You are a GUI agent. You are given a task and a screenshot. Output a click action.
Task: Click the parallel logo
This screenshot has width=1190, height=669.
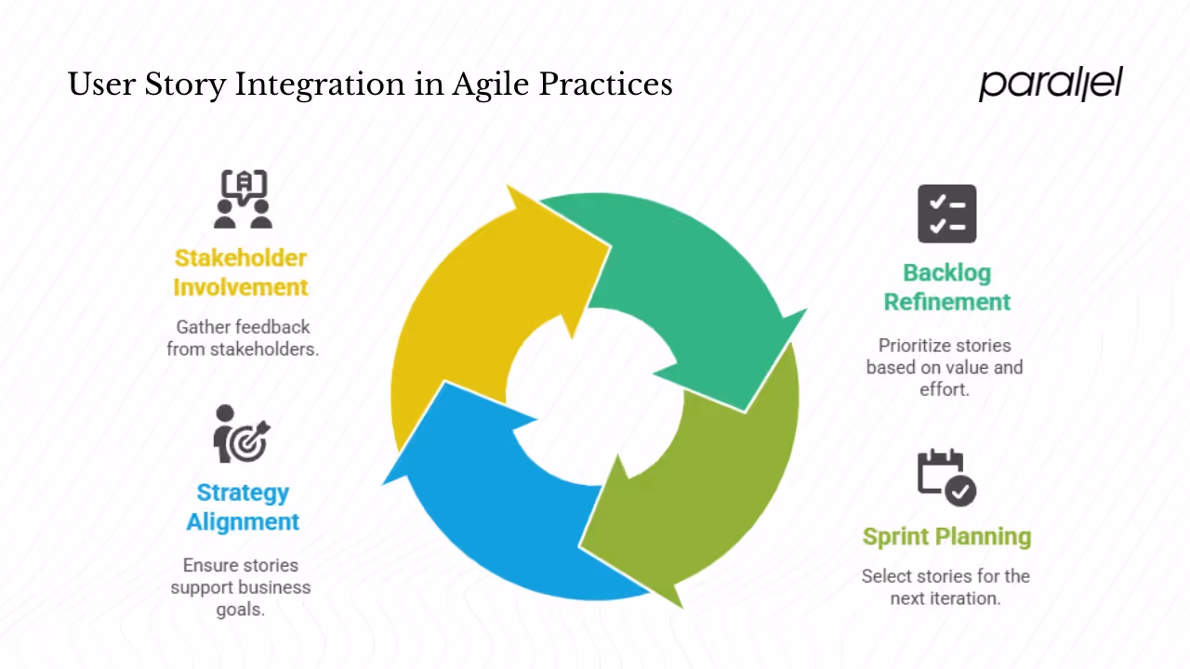[x=1051, y=84]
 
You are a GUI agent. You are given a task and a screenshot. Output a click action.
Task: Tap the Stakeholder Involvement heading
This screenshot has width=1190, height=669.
[x=241, y=272]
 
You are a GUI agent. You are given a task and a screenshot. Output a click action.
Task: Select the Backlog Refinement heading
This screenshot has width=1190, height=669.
[x=946, y=287]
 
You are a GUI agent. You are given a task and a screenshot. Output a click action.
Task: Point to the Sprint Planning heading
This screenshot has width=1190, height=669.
[x=946, y=536]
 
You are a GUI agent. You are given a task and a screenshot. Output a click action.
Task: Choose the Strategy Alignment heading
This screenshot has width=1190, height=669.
[x=243, y=506]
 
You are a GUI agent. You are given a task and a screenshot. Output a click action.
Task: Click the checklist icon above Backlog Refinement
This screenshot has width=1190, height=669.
[x=946, y=214]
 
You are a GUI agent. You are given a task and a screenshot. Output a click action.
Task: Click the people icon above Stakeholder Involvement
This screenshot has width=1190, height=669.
[x=243, y=199]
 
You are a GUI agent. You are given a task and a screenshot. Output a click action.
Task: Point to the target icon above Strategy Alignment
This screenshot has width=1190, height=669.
[x=241, y=434]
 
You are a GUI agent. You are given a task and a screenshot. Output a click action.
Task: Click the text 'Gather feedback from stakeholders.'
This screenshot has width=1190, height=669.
[x=243, y=338]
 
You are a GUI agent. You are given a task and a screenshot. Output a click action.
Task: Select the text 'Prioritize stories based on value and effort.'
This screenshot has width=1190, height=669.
[x=945, y=367]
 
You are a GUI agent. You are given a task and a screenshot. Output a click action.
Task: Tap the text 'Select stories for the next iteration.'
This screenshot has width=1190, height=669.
[x=945, y=586]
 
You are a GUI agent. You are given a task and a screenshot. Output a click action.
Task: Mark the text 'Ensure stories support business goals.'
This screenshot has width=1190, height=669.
[x=241, y=587]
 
